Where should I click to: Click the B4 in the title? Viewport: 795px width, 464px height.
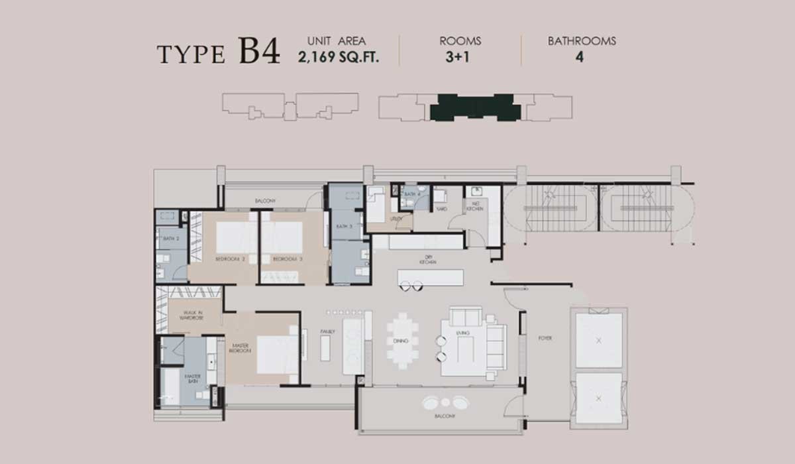tap(259, 52)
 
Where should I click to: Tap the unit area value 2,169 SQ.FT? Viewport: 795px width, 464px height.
tap(339, 56)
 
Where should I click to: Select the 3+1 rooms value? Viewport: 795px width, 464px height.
tap(460, 56)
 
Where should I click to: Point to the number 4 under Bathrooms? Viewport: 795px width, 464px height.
tap(580, 56)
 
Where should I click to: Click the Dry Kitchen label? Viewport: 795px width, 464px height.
tap(427, 261)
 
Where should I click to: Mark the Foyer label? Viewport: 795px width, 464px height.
tap(545, 338)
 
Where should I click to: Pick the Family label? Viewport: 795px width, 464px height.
tap(327, 331)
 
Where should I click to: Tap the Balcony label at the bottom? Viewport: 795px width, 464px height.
tap(445, 416)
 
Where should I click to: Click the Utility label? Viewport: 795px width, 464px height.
tap(397, 217)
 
